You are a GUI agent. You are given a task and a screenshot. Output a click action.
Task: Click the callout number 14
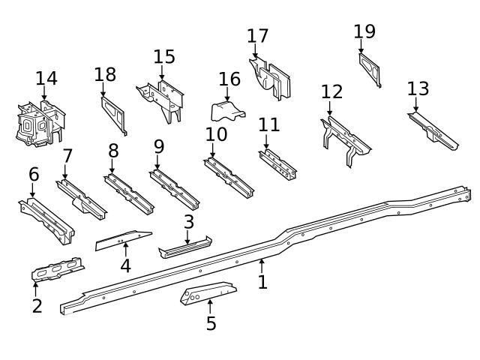pyautogui.click(x=46, y=78)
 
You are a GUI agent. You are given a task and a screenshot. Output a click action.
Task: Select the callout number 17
pyautogui.click(x=257, y=36)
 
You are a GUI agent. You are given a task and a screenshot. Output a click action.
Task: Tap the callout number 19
pyautogui.click(x=364, y=31)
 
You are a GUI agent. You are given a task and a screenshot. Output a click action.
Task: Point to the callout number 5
pyautogui.click(x=211, y=323)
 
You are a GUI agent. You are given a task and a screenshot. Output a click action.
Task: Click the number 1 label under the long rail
pyautogui.click(x=262, y=282)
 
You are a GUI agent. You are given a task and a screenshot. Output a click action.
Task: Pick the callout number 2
pyautogui.click(x=37, y=305)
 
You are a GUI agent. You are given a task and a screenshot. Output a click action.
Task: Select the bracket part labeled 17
pyautogui.click(x=271, y=78)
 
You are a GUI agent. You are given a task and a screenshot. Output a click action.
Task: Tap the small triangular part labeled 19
pyautogui.click(x=370, y=69)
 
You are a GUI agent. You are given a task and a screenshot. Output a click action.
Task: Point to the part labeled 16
pyautogui.click(x=227, y=112)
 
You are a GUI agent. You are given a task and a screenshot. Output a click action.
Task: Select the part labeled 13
pyautogui.click(x=433, y=129)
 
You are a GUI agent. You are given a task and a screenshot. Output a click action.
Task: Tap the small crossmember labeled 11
pyautogui.click(x=277, y=164)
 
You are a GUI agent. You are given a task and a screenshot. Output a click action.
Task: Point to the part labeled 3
pyautogui.click(x=184, y=247)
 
